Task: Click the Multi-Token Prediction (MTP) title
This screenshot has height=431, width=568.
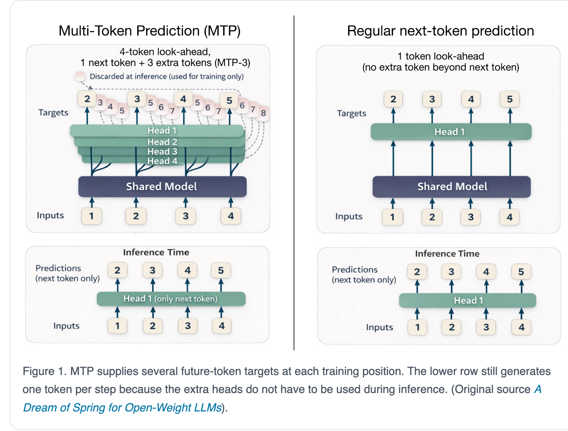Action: click(x=149, y=31)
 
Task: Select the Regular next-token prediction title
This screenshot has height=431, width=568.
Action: click(x=440, y=31)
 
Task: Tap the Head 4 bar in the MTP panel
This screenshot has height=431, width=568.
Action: click(x=163, y=161)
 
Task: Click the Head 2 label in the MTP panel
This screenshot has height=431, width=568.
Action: click(x=162, y=142)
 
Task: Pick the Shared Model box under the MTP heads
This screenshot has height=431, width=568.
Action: click(x=162, y=186)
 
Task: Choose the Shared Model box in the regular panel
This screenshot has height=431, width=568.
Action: click(x=451, y=187)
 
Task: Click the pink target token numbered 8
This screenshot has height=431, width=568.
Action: click(x=263, y=113)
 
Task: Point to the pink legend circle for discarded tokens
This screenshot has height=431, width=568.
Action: click(x=80, y=76)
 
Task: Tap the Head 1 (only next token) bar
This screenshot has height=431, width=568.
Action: click(x=171, y=299)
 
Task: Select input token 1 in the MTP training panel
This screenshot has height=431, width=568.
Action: click(x=91, y=216)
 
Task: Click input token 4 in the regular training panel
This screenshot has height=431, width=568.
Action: click(x=509, y=217)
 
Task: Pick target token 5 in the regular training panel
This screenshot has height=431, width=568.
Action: click(x=509, y=99)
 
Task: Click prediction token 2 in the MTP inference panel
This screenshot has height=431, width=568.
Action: click(x=118, y=270)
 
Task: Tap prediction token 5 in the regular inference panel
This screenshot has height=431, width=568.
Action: click(x=521, y=271)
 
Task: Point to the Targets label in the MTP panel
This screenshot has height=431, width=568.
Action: click(x=53, y=113)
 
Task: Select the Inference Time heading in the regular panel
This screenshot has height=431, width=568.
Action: click(x=447, y=253)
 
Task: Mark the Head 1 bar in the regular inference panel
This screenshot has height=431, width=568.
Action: click(x=468, y=300)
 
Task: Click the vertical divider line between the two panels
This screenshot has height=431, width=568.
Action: click(x=294, y=183)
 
